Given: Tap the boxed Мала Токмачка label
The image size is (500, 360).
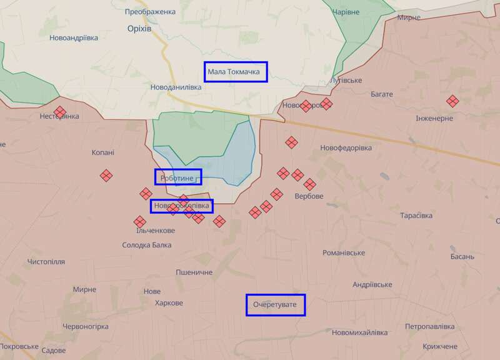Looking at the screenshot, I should (236, 72).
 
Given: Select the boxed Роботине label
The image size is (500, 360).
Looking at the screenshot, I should (178, 177).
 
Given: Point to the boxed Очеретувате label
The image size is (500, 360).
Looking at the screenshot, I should (275, 305).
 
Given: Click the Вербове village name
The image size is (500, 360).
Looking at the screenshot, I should (309, 196).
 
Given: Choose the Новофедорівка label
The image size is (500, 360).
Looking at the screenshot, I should (346, 147).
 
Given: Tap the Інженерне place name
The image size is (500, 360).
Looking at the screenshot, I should (434, 118).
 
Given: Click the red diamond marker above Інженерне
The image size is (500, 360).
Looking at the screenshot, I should (452, 101).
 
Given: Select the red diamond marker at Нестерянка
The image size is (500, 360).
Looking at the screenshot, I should (60, 112).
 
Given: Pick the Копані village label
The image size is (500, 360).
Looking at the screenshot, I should (102, 152).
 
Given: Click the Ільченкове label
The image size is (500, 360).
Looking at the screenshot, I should (155, 231).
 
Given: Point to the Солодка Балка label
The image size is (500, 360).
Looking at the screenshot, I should (147, 245).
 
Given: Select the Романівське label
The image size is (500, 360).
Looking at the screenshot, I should (343, 252).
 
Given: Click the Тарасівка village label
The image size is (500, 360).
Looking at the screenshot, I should (416, 216).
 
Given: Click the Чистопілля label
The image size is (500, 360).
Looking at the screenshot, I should (46, 261).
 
